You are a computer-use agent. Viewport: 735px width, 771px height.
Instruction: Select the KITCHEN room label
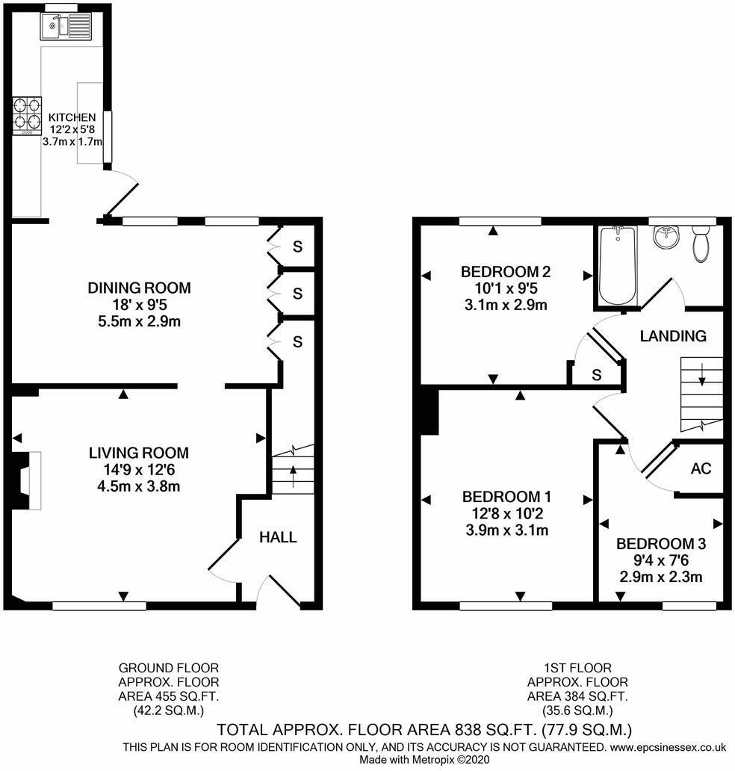[72, 117]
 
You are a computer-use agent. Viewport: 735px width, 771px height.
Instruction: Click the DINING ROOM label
[139, 288]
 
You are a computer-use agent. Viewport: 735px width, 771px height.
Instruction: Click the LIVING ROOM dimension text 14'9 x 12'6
[139, 470]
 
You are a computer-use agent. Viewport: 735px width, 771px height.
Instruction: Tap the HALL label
[279, 537]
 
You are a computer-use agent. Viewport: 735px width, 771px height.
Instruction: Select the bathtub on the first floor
[618, 265]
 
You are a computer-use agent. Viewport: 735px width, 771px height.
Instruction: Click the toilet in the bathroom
[701, 245]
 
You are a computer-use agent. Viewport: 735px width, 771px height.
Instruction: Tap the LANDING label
[673, 336]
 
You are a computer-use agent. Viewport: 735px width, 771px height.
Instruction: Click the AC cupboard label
[701, 468]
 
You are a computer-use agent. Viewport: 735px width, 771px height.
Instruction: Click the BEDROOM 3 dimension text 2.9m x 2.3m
[660, 576]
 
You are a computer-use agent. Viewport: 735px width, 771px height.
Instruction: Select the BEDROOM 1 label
[506, 497]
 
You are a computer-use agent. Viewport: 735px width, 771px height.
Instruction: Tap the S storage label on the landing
[596, 375]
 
